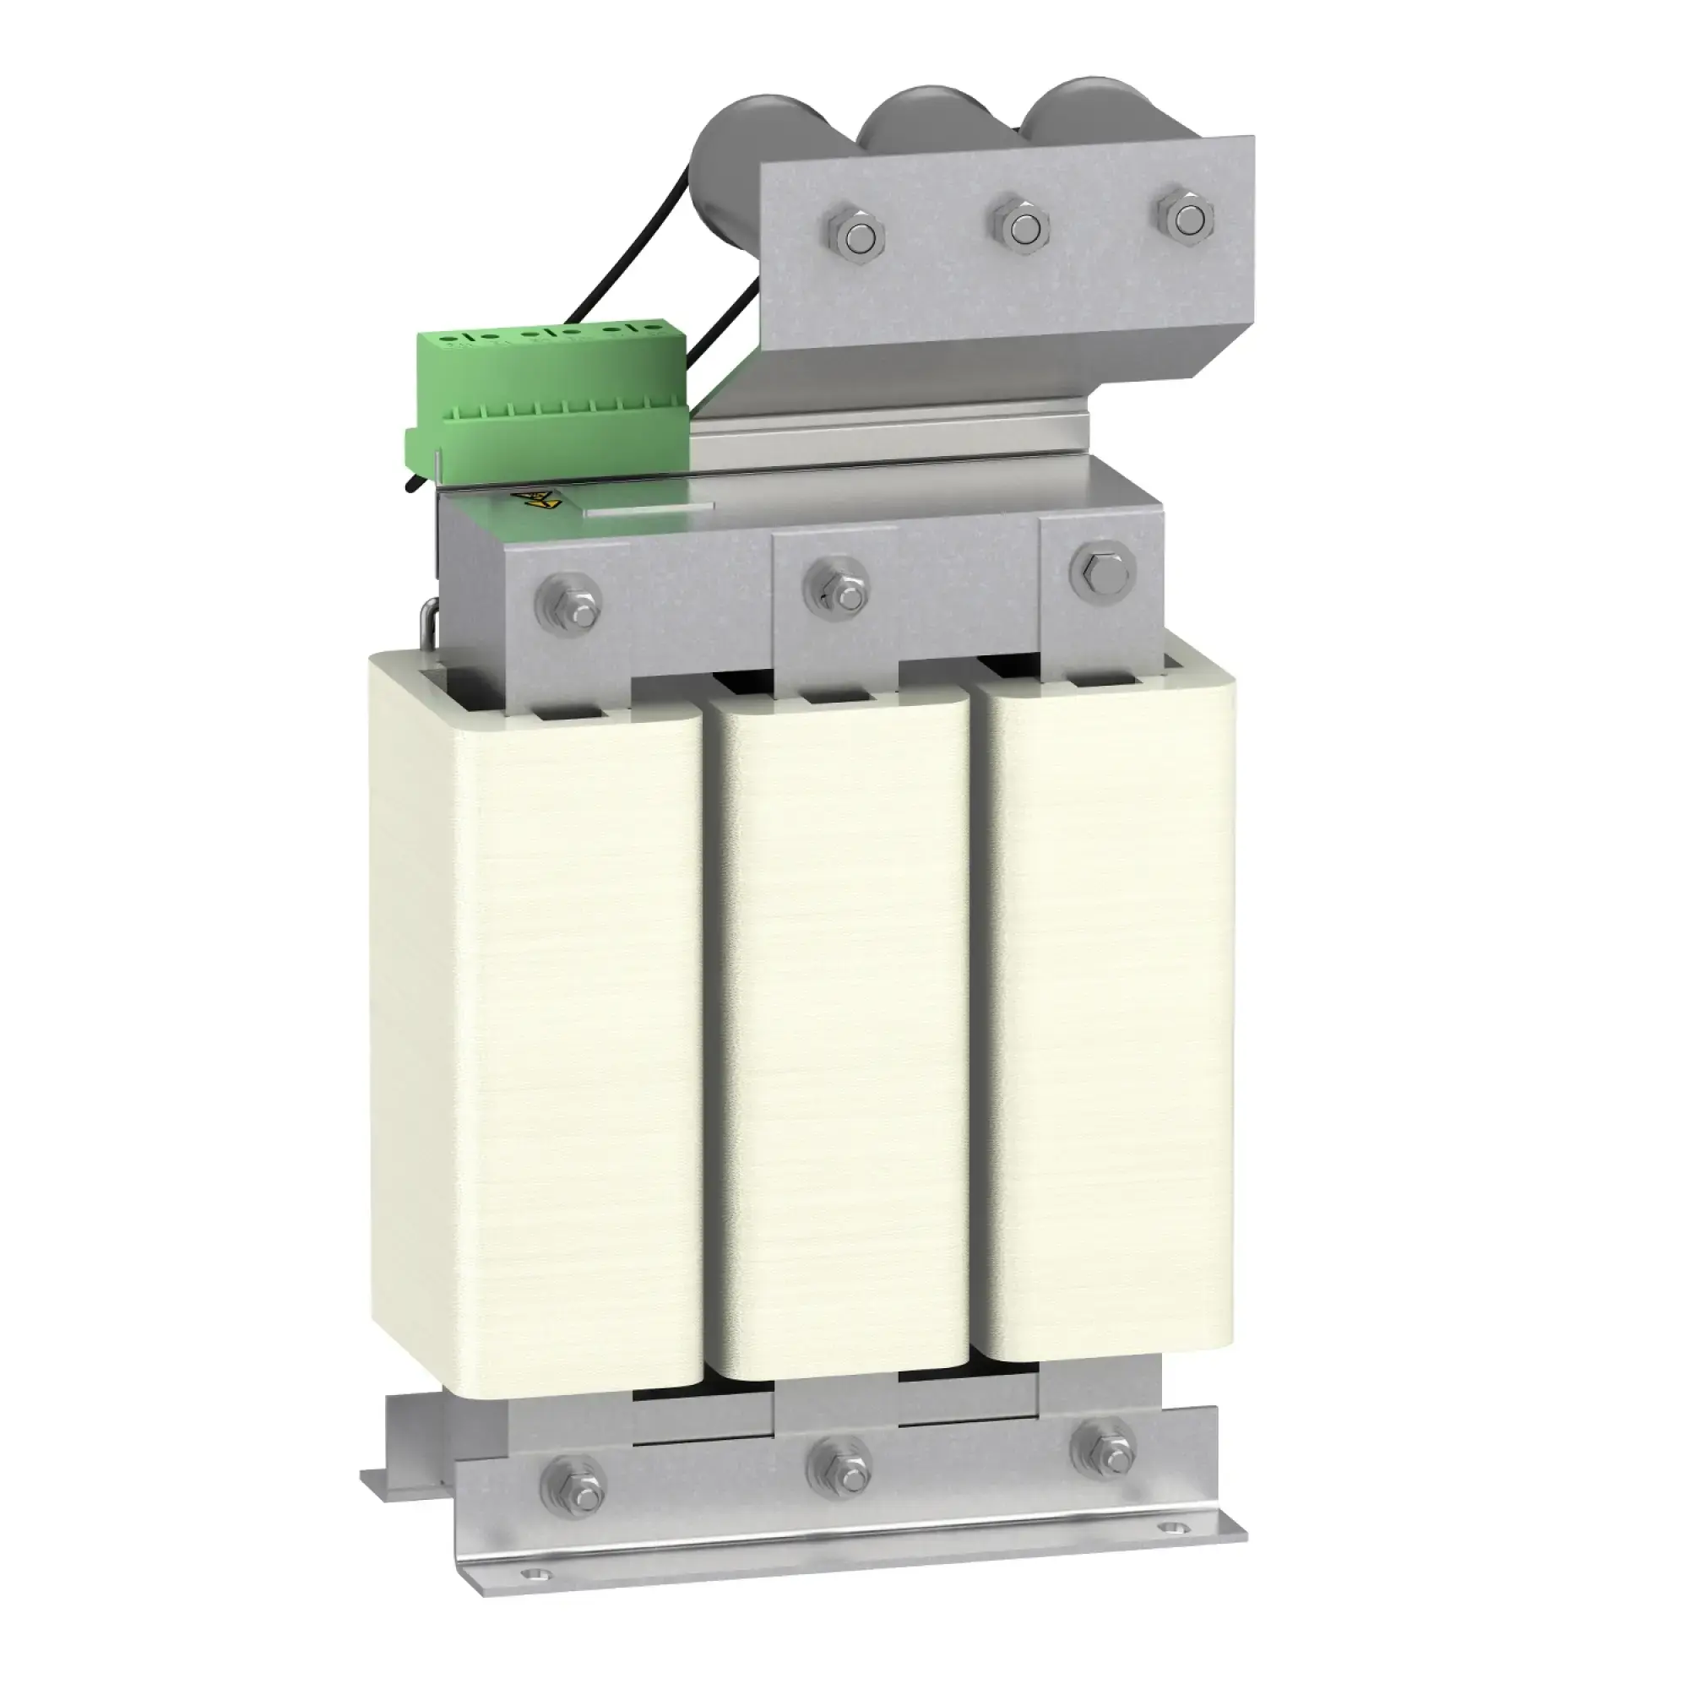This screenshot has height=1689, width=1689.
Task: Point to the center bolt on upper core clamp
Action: (x=837, y=582)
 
